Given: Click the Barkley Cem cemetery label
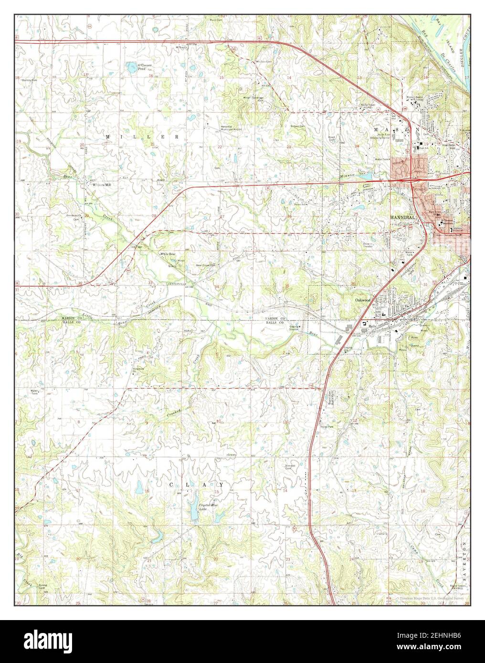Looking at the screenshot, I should pyautogui.click(x=29, y=80).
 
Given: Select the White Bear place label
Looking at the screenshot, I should pyautogui.click(x=169, y=254).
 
